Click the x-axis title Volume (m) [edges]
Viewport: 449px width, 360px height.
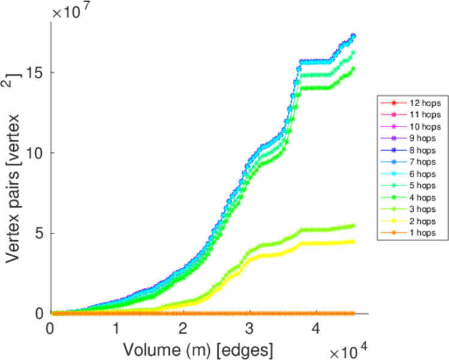pyautogui.click(x=200, y=348)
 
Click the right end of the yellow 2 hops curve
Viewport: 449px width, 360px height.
pyautogui.click(x=353, y=241)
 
